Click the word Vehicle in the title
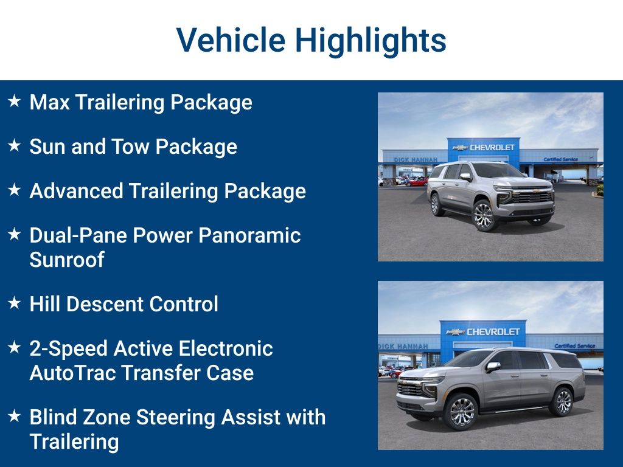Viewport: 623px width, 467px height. click(231, 40)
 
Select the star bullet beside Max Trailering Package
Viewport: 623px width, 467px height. click(15, 101)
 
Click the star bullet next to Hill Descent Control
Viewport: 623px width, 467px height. click(15, 303)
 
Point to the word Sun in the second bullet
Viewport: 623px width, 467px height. click(47, 147)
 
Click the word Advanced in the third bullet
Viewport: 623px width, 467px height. click(76, 191)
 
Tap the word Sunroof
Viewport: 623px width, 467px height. click(67, 260)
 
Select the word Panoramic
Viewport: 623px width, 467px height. click(249, 235)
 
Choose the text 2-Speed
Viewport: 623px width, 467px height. click(68, 349)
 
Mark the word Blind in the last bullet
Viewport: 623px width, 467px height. click(54, 417)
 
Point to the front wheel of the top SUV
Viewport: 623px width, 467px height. click(483, 216)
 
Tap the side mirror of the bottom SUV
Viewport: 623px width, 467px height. click(493, 367)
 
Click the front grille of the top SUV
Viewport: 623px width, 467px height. click(531, 196)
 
